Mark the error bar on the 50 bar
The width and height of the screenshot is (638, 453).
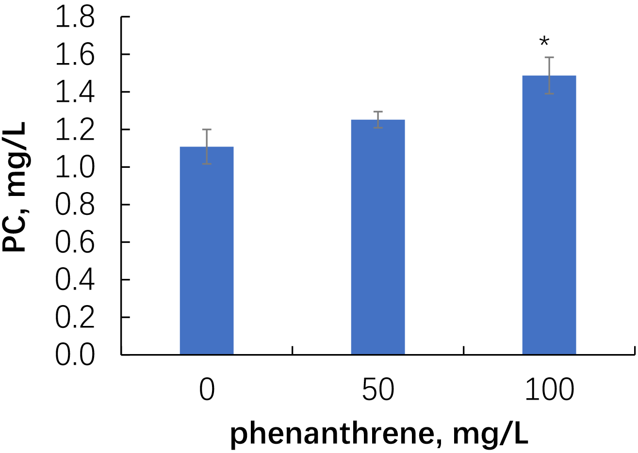point(378,120)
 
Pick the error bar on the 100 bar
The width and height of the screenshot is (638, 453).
point(549,75)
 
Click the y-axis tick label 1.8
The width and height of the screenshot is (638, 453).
point(75,18)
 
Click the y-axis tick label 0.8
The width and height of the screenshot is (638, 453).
point(75,206)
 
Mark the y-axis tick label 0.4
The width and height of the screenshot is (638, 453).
point(75,281)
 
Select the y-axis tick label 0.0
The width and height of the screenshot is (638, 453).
point(75,356)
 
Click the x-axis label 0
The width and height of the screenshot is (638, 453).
point(207,390)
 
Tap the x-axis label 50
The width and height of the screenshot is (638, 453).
point(378,390)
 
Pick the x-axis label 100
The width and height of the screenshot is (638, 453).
point(549,390)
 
